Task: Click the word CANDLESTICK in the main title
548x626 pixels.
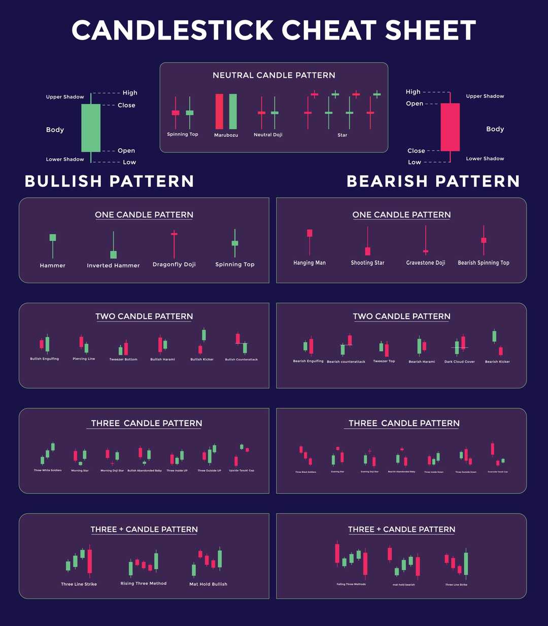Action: click(x=173, y=30)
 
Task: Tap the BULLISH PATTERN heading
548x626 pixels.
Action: click(x=109, y=181)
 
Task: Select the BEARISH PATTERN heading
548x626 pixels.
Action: click(x=433, y=181)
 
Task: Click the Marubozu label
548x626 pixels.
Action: click(x=226, y=135)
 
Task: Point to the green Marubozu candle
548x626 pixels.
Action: click(x=233, y=112)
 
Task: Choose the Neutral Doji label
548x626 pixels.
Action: click(x=268, y=135)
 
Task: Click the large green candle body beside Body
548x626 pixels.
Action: click(x=91, y=128)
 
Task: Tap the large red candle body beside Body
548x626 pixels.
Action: click(x=450, y=127)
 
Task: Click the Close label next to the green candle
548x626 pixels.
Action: click(x=126, y=106)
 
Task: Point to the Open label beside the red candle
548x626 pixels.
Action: click(x=415, y=103)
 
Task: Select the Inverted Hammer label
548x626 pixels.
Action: click(x=113, y=265)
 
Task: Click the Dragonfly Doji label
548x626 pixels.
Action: click(x=174, y=264)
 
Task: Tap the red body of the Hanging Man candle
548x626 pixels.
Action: click(x=310, y=233)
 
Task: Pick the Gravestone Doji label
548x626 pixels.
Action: click(x=426, y=263)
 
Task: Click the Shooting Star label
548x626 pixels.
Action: click(x=367, y=263)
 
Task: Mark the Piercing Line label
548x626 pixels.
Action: click(x=84, y=359)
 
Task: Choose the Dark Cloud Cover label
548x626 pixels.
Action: click(x=460, y=362)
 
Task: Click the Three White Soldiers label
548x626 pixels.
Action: click(x=48, y=470)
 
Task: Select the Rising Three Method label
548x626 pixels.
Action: click(x=144, y=583)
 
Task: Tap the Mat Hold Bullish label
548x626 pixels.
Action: click(x=208, y=584)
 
